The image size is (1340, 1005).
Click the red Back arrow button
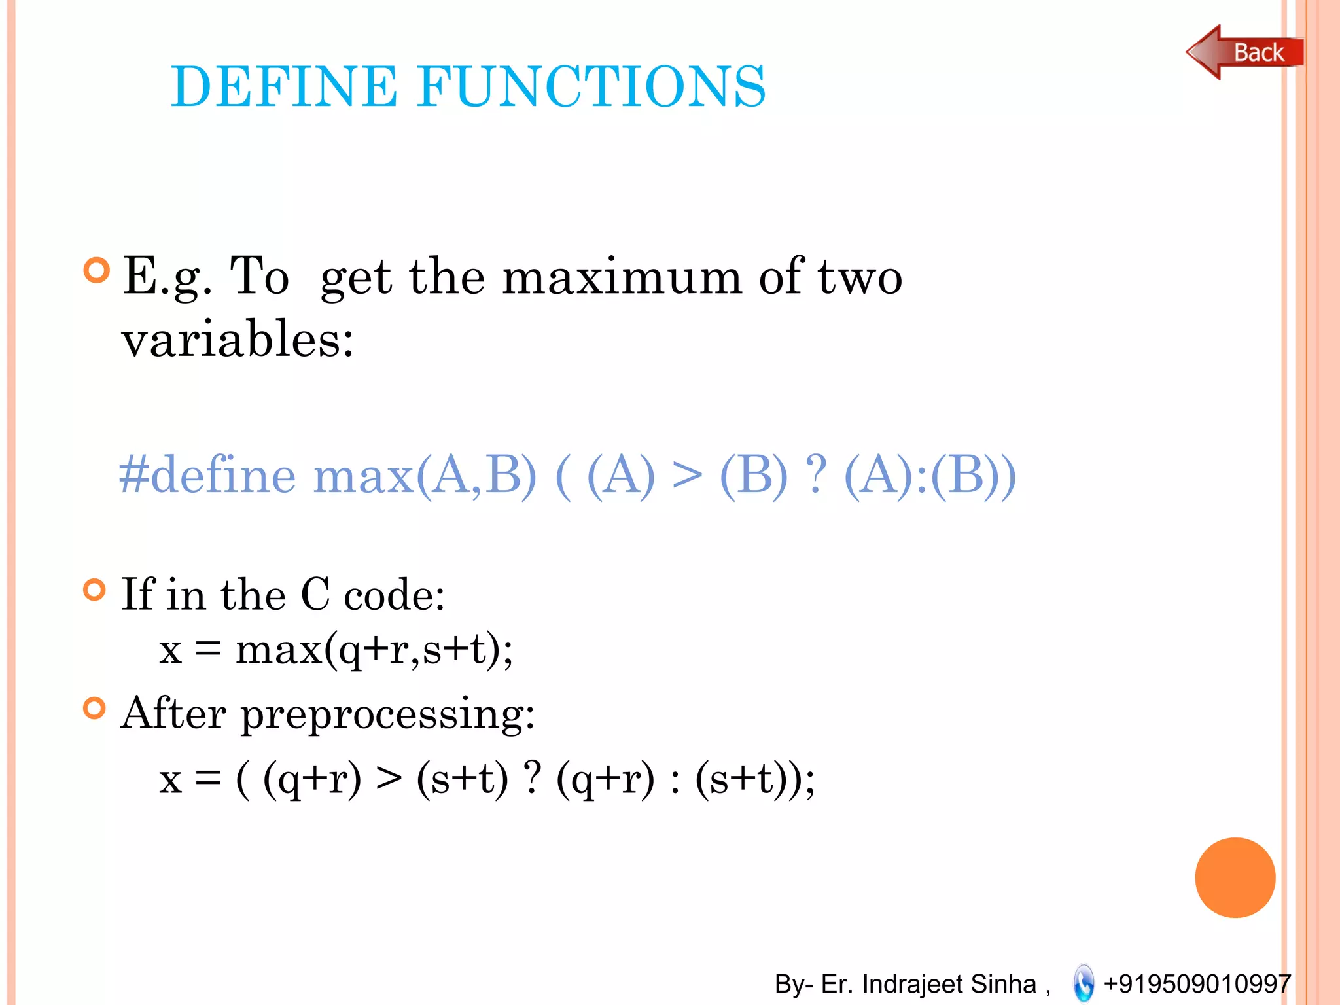point(1244,52)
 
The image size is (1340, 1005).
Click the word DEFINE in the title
point(284,86)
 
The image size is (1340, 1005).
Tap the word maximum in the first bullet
point(622,277)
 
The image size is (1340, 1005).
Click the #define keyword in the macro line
point(207,475)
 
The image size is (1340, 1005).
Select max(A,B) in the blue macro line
point(425,476)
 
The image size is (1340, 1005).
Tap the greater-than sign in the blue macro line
point(687,475)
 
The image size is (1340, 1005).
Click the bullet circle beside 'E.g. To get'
point(97,270)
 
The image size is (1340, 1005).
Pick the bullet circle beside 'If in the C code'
point(95,590)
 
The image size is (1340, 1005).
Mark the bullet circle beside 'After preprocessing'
point(95,708)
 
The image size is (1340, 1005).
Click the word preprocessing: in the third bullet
point(388,714)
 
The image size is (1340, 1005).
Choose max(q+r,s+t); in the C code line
point(374,652)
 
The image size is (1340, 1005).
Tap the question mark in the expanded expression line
point(533,779)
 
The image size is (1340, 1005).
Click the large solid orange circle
point(1235,877)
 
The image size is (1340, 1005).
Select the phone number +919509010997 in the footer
point(1197,983)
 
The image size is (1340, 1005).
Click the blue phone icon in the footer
point(1084,983)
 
